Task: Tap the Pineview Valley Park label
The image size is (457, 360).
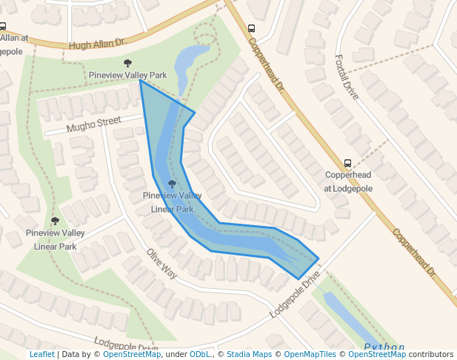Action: tap(127, 76)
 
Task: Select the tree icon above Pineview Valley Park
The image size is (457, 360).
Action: tap(127, 64)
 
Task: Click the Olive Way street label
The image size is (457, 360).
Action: tap(161, 264)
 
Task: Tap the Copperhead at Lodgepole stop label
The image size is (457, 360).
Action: tap(348, 181)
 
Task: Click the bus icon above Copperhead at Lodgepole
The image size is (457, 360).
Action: tap(347, 164)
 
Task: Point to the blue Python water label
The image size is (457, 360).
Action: tap(385, 347)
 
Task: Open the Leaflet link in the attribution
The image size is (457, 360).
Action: tap(41, 355)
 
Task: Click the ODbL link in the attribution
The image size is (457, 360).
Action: tap(200, 355)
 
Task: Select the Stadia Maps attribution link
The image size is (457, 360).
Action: tap(249, 355)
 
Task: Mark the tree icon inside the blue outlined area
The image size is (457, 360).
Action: tap(173, 184)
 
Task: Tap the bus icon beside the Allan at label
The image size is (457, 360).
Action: tap(3, 26)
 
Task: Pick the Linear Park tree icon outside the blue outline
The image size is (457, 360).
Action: tap(55, 221)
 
